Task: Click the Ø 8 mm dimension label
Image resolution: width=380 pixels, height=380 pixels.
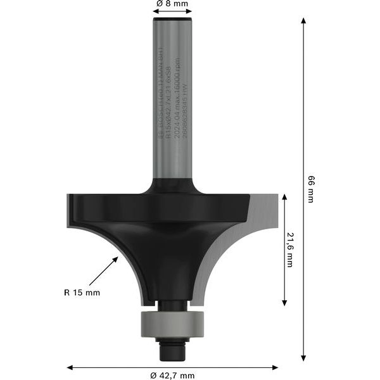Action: (x=172, y=4)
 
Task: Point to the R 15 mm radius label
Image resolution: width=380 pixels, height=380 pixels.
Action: (x=82, y=293)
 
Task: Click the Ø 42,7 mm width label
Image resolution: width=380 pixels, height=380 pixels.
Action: (x=173, y=375)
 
